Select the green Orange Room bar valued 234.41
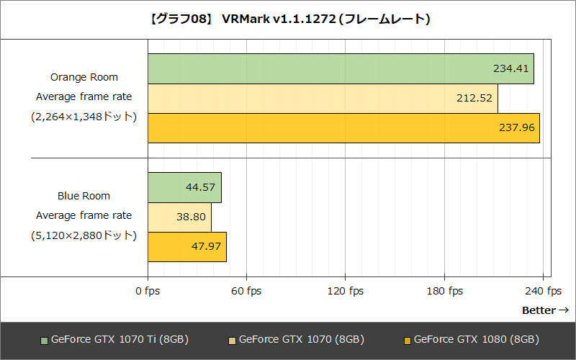tap(341, 69)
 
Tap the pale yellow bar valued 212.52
tap(323, 99)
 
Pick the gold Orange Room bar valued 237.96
tap(343, 128)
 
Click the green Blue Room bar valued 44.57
tap(184, 187)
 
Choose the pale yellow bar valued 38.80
tap(179, 217)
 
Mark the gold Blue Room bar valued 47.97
tap(187, 247)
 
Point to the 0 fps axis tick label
tap(148, 291)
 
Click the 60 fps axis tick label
tap(246, 291)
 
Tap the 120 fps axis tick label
tap(345, 291)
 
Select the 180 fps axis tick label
tap(444, 291)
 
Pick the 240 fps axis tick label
tap(543, 291)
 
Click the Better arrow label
tap(545, 310)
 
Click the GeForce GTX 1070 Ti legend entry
tap(115, 339)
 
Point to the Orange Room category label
tap(84, 77)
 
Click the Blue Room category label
tap(84, 196)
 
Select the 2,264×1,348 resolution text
tap(84, 116)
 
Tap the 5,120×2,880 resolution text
tap(84, 235)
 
